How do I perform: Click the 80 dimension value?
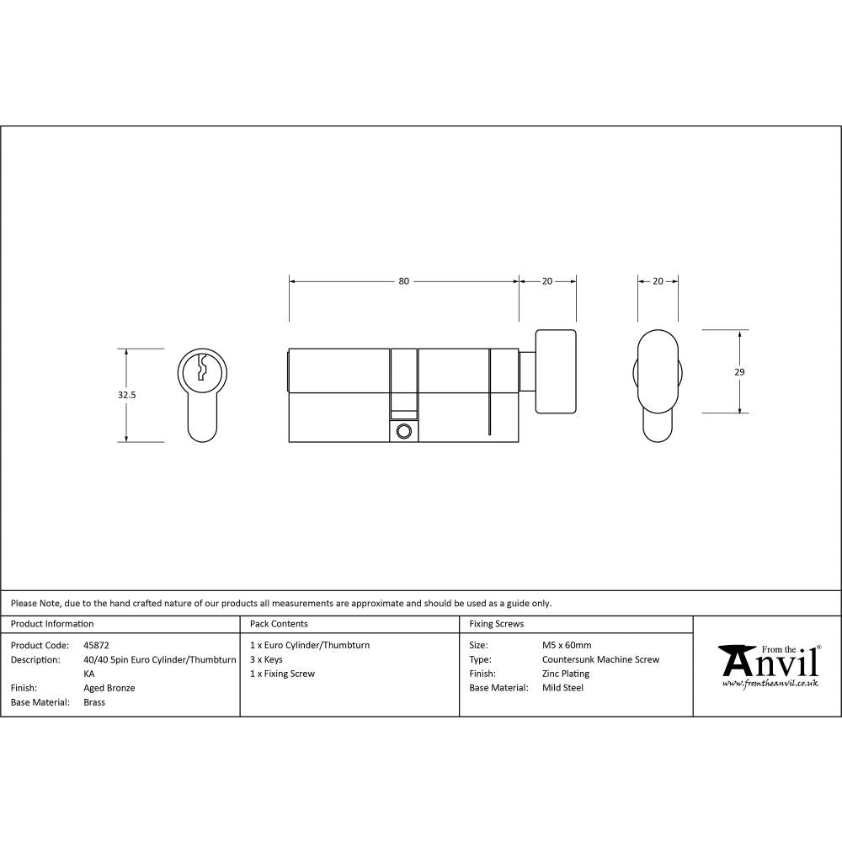coord(404,281)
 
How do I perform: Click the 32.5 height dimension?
coord(127,394)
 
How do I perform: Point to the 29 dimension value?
coord(740,371)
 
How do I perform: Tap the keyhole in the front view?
coord(202,368)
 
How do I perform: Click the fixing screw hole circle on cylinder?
coord(403,431)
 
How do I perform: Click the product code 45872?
coord(97,645)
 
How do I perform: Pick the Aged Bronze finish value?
coord(109,688)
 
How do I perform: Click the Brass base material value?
coord(94,702)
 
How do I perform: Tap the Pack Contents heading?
coord(279,624)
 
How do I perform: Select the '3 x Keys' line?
coord(266,659)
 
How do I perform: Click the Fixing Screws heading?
coord(497,624)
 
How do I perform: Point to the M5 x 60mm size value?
coord(567,645)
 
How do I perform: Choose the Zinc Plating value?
coord(566,674)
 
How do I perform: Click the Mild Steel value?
coord(562,688)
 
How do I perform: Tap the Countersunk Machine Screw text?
coord(600,659)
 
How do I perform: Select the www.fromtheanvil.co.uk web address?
coord(770,684)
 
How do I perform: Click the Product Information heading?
coord(52,624)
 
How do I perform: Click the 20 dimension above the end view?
coord(658,281)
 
